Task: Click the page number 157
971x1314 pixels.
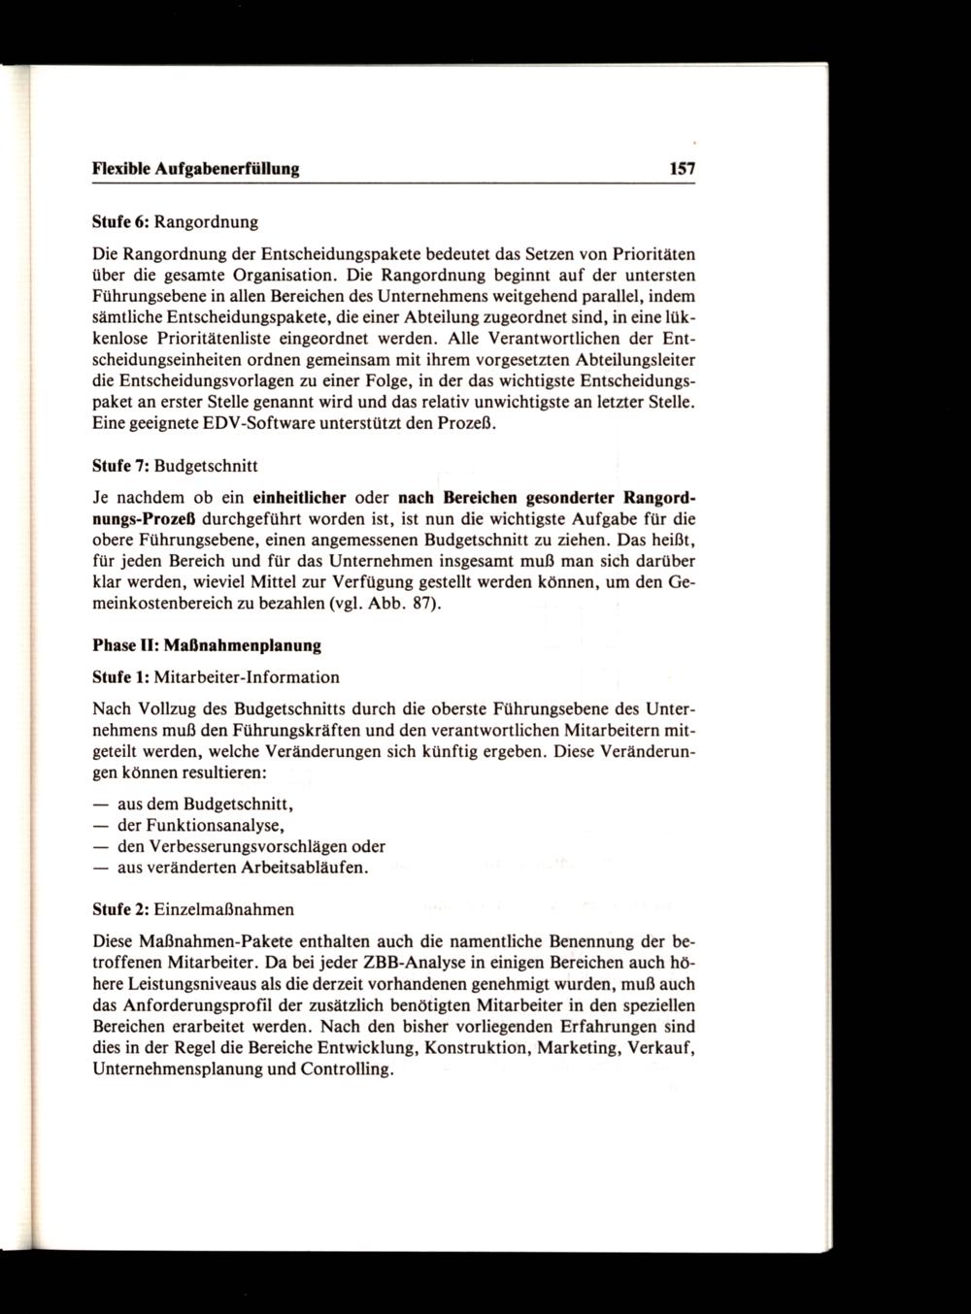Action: (683, 169)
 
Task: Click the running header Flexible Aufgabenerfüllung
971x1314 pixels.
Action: (195, 169)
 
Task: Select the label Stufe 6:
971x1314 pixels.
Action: (119, 222)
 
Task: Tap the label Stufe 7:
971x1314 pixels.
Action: (119, 468)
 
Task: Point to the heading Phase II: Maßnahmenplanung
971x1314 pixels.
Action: (206, 644)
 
